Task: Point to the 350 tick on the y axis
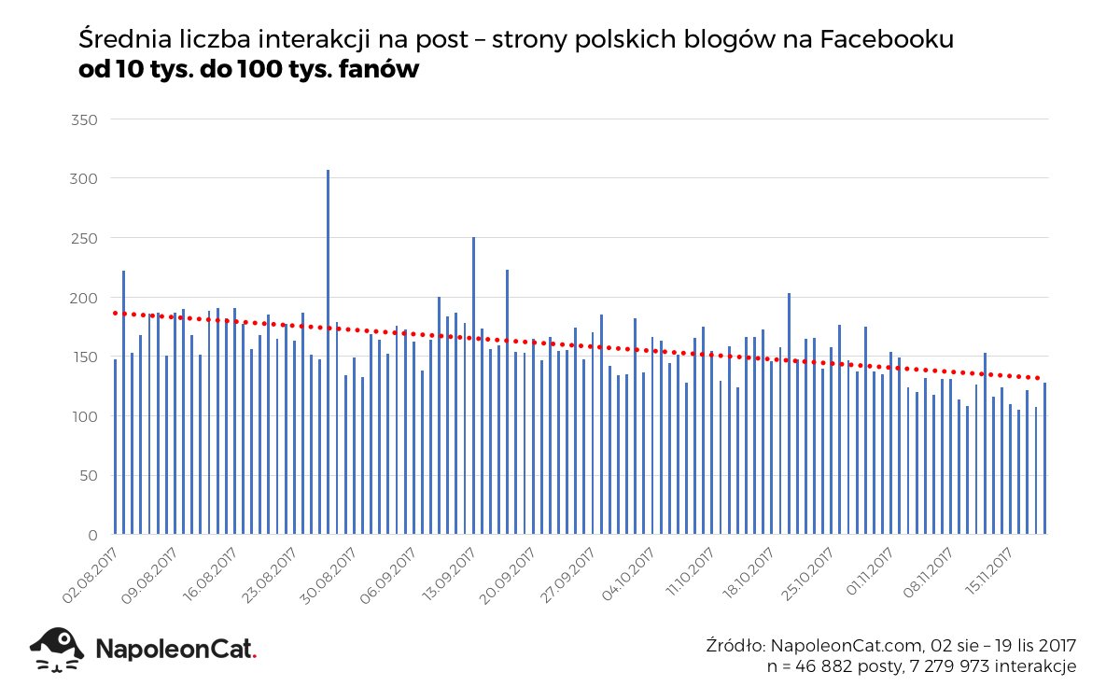click(84, 119)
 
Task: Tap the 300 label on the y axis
click(84, 178)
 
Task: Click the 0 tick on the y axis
click(91, 535)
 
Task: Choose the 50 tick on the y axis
click(88, 476)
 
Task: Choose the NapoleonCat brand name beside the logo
click(175, 649)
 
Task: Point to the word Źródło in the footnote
click(735, 646)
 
